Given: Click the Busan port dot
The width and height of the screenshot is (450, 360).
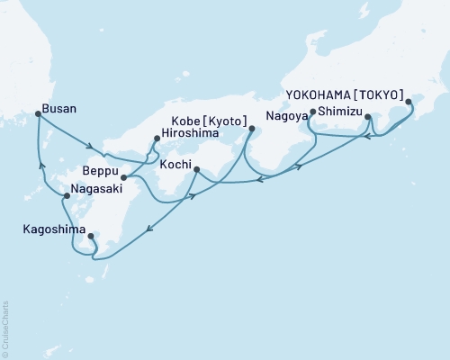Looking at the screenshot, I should (x=37, y=113).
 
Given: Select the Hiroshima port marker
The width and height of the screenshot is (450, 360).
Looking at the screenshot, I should (x=157, y=139).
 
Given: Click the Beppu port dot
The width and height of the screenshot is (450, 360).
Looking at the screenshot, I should (x=123, y=177).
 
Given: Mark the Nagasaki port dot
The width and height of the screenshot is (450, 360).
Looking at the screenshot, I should (x=67, y=195).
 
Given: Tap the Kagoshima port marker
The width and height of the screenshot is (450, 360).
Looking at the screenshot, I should (x=91, y=237).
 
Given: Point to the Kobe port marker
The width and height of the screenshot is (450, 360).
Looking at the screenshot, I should (x=251, y=130).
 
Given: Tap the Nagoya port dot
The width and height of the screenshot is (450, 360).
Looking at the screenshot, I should (x=311, y=113).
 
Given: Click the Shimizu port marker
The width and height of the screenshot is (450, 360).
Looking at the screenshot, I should (x=367, y=117).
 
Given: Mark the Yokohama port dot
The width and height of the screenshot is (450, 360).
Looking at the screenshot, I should (x=409, y=102).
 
